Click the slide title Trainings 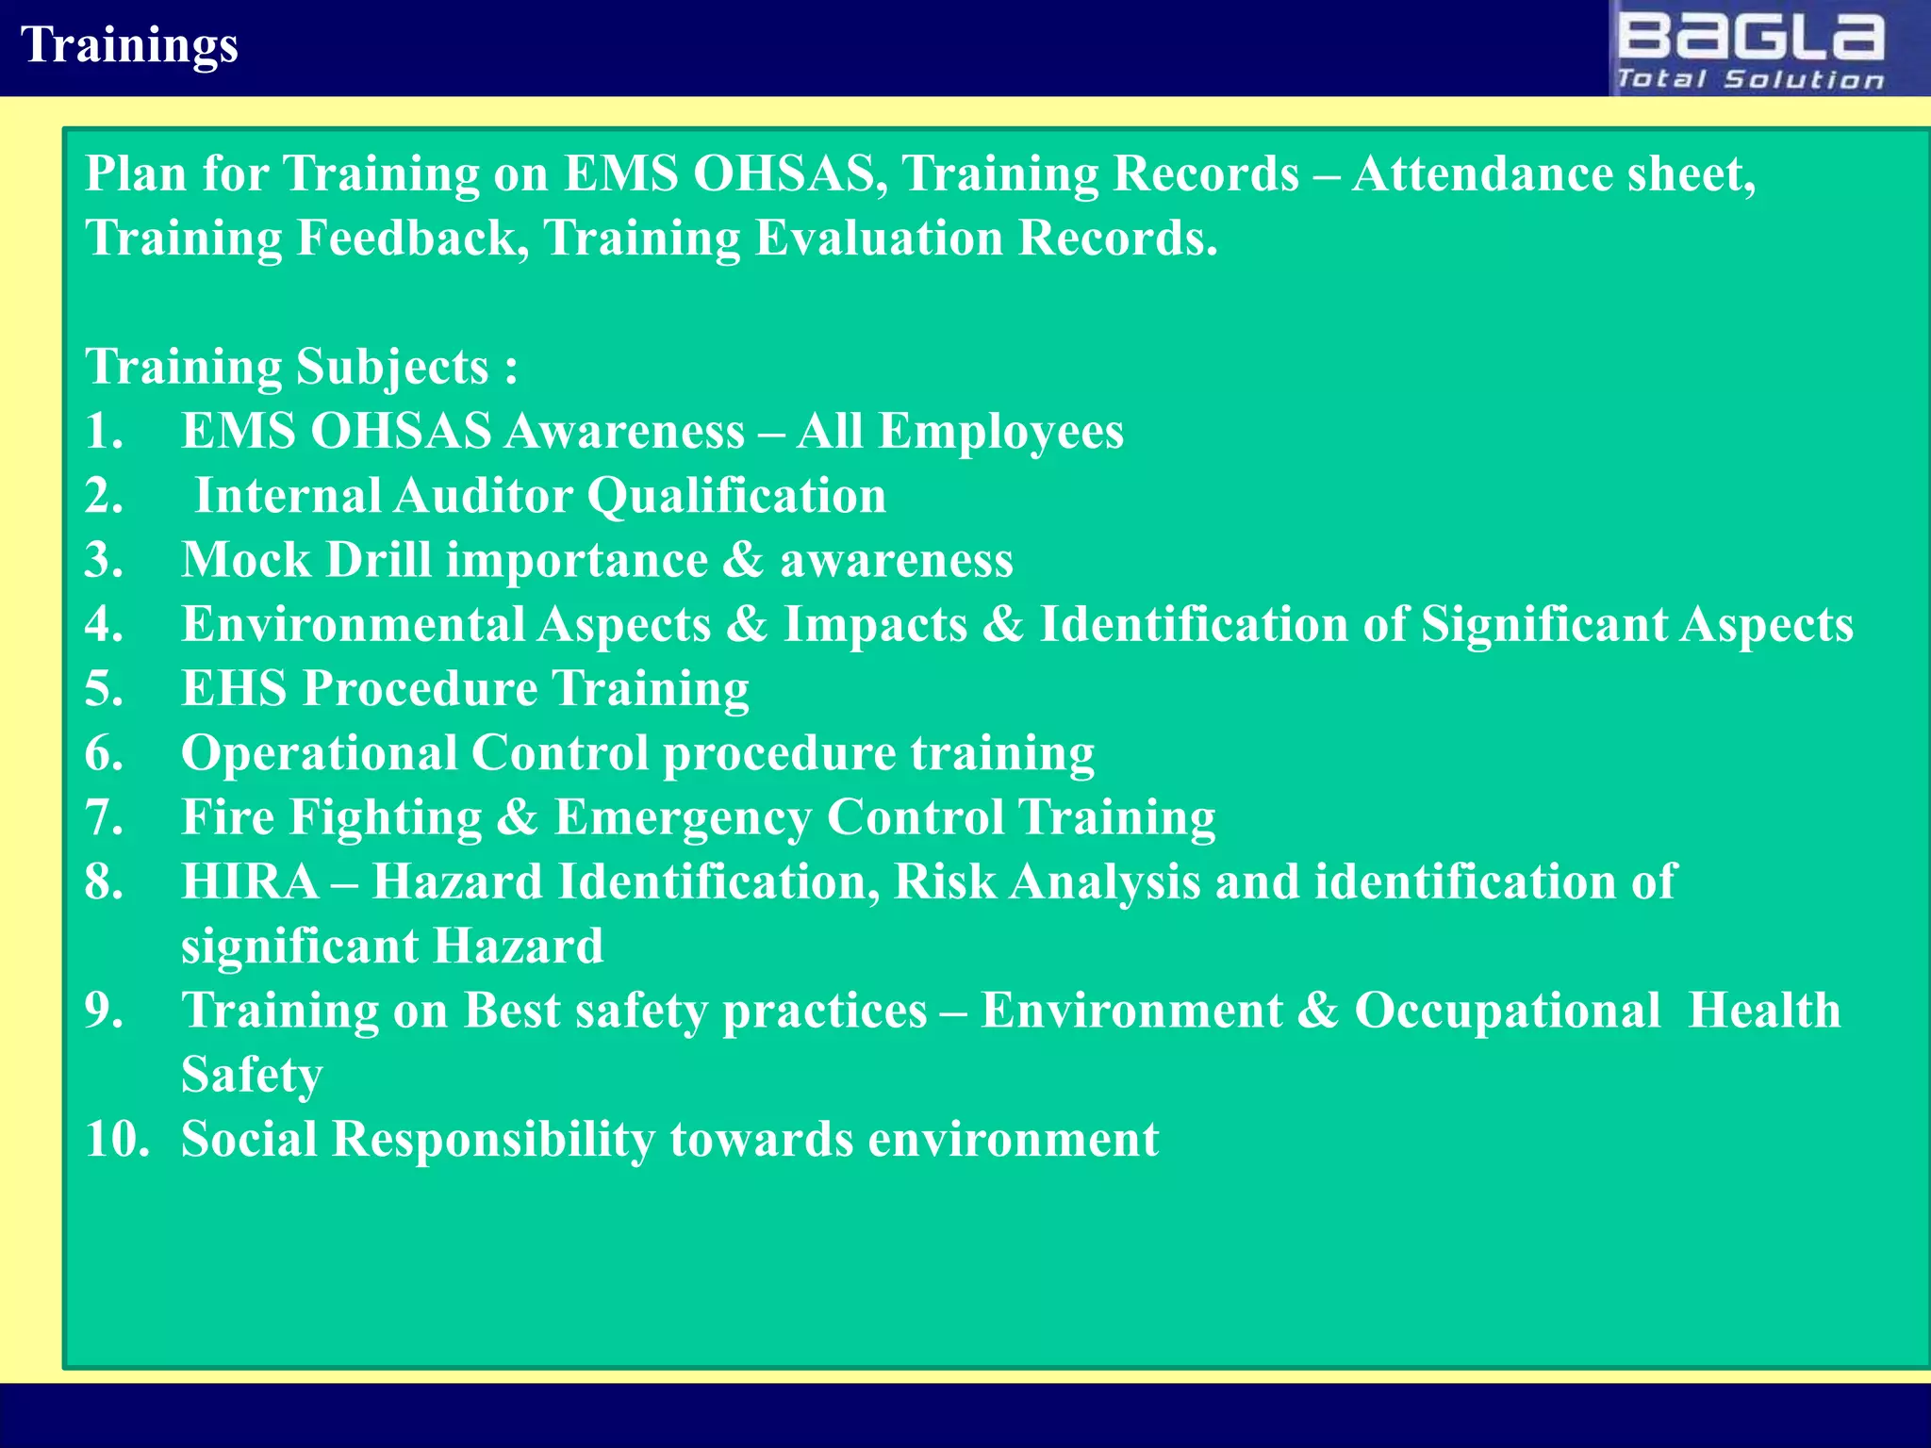[x=129, y=45]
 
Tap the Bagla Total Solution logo [x=1751, y=50]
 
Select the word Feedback [x=413, y=239]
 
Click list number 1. [x=104, y=432]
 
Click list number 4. [x=104, y=625]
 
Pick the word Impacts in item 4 [x=875, y=626]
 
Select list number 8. [x=104, y=882]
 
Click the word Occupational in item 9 [x=1507, y=1012]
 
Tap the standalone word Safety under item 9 [x=252, y=1076]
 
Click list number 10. [x=117, y=1140]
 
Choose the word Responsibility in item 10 [x=493, y=1141]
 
